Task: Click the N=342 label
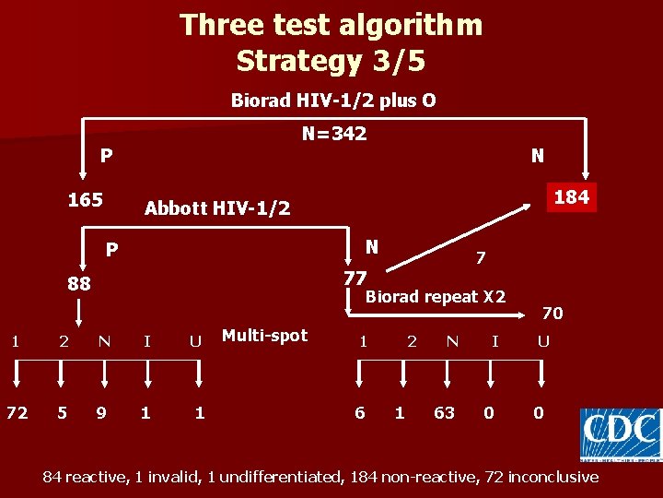point(334,134)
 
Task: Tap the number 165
point(86,199)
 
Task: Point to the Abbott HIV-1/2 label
point(217,208)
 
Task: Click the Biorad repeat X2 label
point(436,297)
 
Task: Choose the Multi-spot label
point(265,335)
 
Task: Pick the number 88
point(79,283)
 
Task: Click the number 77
point(355,278)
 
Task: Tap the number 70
point(552,314)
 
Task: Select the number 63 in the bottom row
point(444,412)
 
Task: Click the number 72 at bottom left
point(17,412)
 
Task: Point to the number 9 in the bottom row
point(101,412)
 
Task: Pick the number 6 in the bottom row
point(360,412)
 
